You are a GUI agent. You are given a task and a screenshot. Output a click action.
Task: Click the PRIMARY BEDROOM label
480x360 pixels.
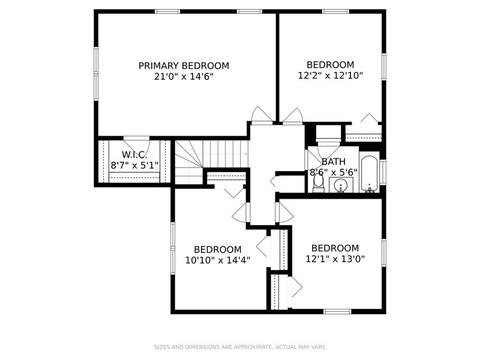click(184, 66)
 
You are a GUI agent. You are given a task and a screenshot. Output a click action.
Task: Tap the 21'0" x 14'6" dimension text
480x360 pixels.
click(184, 77)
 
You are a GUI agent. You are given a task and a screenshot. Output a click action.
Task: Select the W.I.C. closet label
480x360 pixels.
click(134, 155)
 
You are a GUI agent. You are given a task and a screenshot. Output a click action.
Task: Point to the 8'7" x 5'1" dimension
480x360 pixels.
click(134, 165)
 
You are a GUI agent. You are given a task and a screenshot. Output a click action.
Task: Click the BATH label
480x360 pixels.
click(333, 162)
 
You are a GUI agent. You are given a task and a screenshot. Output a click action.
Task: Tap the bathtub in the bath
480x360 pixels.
click(369, 173)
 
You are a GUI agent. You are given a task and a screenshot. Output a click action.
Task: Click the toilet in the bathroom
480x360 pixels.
click(318, 184)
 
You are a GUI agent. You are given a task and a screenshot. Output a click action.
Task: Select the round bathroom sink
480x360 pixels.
click(341, 185)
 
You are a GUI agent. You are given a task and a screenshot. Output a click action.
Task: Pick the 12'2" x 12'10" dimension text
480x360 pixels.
click(330, 76)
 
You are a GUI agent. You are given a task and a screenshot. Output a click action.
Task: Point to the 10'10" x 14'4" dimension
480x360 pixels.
click(218, 260)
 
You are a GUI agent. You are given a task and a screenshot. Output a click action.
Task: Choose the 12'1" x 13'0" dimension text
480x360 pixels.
click(335, 259)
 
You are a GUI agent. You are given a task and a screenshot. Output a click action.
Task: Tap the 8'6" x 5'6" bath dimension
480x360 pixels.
click(333, 172)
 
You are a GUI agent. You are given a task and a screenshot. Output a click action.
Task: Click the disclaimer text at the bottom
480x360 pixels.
click(240, 347)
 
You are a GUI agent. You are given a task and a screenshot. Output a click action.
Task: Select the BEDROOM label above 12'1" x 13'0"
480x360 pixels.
click(335, 248)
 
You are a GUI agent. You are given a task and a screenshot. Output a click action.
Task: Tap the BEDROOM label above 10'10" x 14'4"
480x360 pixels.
click(218, 249)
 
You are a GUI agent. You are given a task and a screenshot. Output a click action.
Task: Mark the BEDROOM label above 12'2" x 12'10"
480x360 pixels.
click(330, 65)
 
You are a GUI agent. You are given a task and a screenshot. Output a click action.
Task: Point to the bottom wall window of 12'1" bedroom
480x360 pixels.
click(338, 312)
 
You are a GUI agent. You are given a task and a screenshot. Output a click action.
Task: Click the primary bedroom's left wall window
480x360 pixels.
click(96, 74)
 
